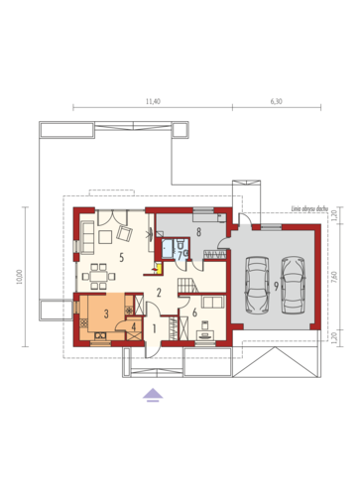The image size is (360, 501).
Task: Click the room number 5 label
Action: point(121,258)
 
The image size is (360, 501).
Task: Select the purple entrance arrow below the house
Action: point(152,394)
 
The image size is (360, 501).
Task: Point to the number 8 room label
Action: point(199,232)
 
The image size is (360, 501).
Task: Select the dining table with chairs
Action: point(99,271)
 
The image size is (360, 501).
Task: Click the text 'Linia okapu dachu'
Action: point(309,209)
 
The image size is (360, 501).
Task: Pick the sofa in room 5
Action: point(86,236)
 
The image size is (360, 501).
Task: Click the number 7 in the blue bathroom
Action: point(179,254)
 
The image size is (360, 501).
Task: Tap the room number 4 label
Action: point(134,327)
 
